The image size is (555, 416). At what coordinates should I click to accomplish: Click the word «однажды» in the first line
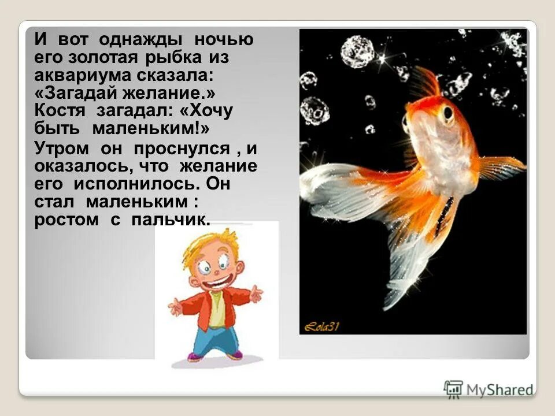[140, 40]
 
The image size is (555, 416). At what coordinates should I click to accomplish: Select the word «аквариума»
[77, 75]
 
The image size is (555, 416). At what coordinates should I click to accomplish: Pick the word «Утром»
[61, 148]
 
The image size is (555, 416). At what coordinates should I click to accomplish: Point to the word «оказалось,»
[77, 166]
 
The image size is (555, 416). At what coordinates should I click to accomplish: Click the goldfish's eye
[446, 114]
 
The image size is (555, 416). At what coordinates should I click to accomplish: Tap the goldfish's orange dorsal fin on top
[427, 84]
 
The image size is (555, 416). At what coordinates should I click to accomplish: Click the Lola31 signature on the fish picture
[323, 327]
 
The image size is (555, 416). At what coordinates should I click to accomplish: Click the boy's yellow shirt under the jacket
[216, 309]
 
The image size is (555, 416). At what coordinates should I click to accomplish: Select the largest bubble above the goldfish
[357, 52]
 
